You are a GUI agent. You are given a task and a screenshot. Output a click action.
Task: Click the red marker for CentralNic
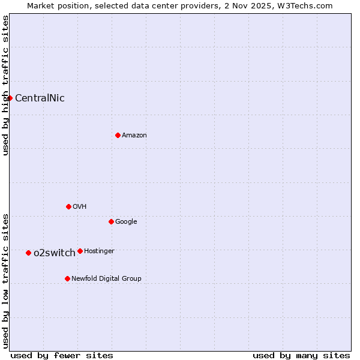[10, 98]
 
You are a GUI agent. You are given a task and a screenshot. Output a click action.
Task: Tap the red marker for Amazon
[118, 135]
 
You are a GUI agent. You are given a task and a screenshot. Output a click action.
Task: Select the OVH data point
[68, 206]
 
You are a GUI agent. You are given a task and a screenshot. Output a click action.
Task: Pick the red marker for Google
[111, 221]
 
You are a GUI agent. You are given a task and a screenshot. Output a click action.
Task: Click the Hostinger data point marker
[80, 251]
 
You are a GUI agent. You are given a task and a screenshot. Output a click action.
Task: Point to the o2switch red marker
[28, 253]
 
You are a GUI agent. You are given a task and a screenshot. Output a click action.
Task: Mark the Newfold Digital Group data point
[67, 278]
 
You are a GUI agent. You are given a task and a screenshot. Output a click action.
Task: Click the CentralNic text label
[40, 98]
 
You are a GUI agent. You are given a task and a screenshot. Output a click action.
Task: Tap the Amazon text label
[134, 136]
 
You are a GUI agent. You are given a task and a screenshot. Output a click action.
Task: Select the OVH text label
[80, 207]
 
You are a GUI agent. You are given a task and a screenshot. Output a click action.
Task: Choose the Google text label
[126, 222]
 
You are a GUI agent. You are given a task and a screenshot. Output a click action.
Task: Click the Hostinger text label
[99, 251]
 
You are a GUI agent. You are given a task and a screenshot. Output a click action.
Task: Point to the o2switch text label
[55, 253]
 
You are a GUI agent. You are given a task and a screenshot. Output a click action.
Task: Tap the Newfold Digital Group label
[106, 278]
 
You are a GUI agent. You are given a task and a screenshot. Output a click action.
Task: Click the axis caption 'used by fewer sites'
[62, 355]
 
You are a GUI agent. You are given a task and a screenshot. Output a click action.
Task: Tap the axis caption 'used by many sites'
[301, 355]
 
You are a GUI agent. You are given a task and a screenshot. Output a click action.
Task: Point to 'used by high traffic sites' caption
[5, 85]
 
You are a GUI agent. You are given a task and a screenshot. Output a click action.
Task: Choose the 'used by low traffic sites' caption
[5, 280]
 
